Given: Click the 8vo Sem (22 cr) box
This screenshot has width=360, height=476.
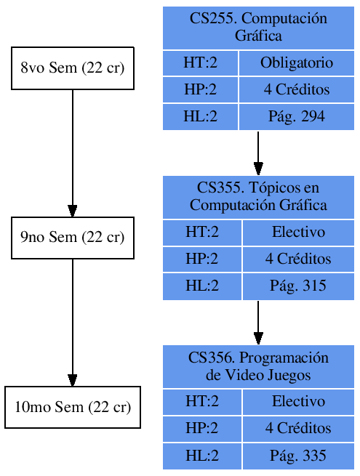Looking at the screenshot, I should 73,68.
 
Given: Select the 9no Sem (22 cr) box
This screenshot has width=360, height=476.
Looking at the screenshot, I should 73,238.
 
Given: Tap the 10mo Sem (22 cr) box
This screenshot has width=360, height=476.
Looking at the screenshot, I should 73,407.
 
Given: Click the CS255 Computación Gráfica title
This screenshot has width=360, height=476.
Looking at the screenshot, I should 258,27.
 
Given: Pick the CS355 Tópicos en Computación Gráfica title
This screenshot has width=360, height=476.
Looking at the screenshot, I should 258,196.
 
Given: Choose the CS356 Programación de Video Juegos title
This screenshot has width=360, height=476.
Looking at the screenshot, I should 258,366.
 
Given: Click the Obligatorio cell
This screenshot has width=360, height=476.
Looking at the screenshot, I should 297,63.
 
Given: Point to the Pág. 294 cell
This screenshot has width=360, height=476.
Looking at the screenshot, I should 297,116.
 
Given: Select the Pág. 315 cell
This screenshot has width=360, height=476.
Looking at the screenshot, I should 298,286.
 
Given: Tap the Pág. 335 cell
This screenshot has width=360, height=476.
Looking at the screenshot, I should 298,456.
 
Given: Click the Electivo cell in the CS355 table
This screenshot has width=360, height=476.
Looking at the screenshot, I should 298,233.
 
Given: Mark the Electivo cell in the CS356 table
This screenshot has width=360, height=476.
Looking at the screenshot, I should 298,402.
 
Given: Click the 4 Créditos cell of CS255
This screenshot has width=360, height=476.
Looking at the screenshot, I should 297,90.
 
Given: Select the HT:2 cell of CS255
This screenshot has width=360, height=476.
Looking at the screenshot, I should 201,63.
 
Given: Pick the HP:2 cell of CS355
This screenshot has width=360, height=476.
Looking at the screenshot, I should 202,259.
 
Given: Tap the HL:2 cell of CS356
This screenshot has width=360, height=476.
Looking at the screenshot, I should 202,456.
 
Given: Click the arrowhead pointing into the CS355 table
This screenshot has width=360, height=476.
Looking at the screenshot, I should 258,169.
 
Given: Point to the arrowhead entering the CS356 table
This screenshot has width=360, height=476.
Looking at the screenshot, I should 258,338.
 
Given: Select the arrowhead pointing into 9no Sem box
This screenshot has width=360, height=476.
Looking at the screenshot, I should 73,210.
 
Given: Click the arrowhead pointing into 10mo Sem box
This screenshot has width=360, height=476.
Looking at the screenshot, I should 73,379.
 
